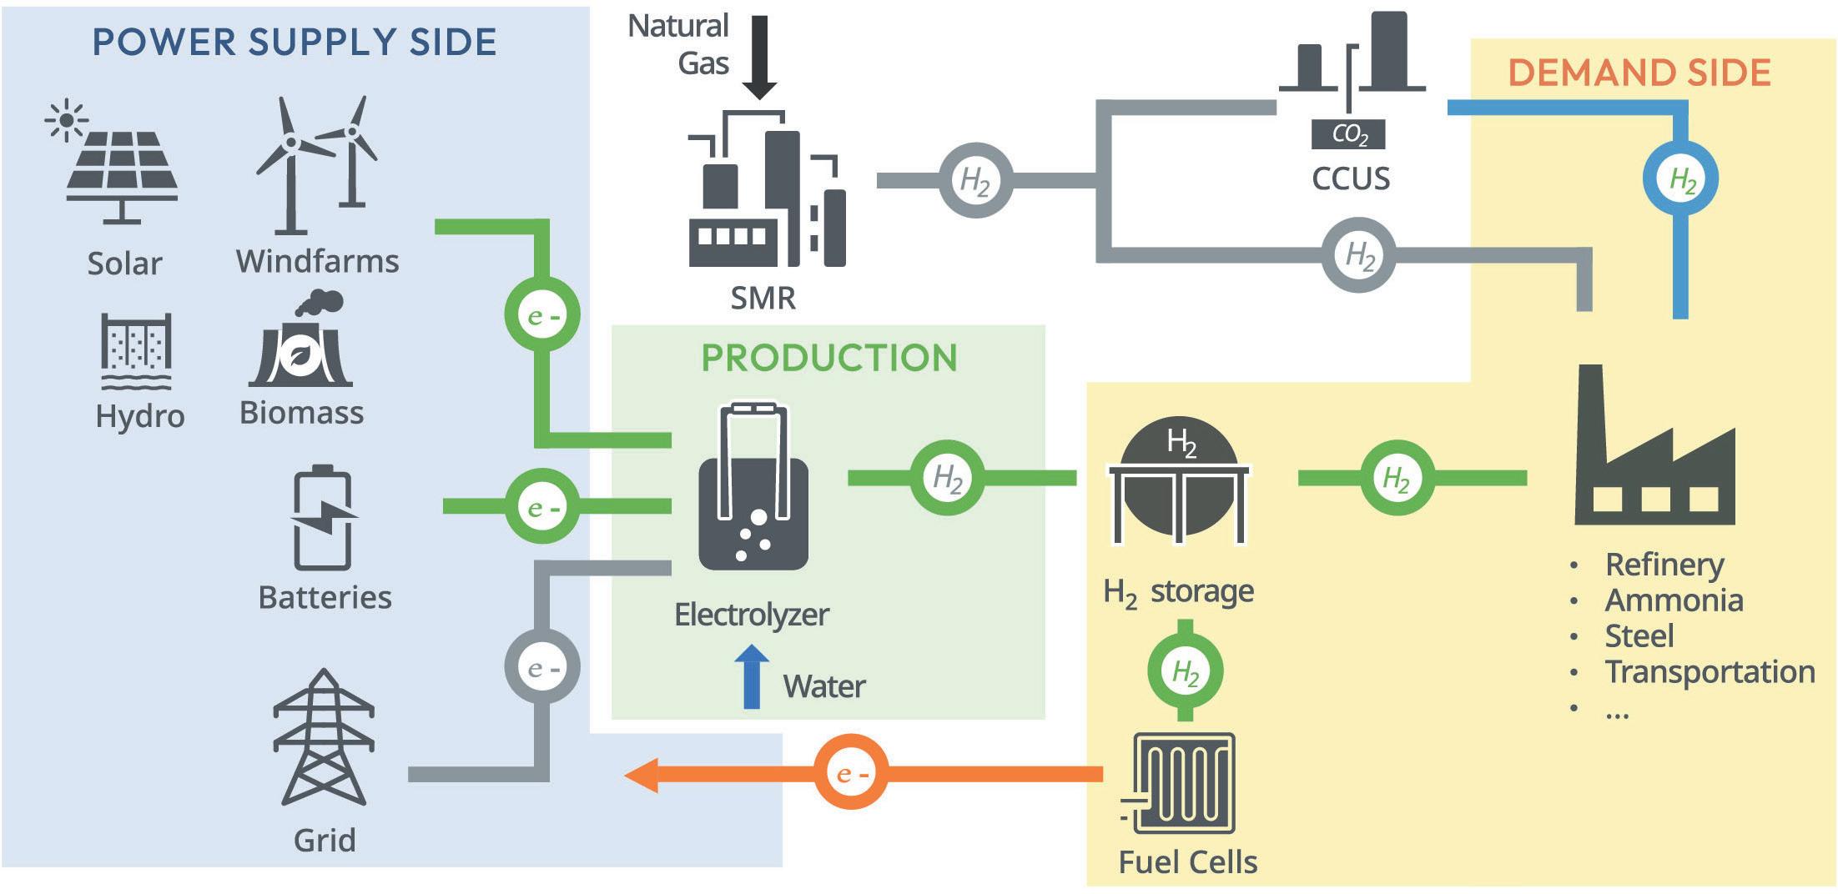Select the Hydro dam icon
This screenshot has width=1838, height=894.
tap(136, 351)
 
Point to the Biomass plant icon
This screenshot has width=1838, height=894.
tap(301, 342)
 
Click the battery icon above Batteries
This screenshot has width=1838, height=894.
tap(323, 519)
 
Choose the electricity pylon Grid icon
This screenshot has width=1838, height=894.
tap(324, 737)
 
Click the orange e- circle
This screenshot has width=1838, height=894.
tap(851, 773)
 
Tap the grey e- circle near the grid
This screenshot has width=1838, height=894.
tap(542, 667)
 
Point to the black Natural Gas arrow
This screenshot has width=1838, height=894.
tap(759, 57)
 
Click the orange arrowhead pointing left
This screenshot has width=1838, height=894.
tap(642, 775)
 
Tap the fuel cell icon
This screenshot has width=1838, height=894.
tap(1182, 784)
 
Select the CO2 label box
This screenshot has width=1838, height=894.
tap(1348, 134)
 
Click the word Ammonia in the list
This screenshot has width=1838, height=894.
tap(1674, 600)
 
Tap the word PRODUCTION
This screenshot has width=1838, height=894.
tap(829, 358)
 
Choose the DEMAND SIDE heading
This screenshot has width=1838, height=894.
tap(1639, 73)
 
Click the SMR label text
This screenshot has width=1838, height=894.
tap(763, 298)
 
